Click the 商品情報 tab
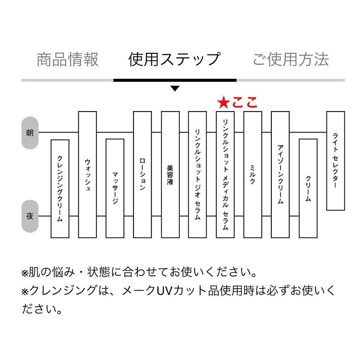(67, 59)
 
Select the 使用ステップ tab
(174, 59)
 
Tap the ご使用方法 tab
(291, 59)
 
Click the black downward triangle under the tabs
(175, 89)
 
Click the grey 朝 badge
(30, 133)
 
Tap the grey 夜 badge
(30, 217)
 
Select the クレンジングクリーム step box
(60, 188)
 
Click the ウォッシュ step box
(87, 174)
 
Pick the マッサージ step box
(115, 188)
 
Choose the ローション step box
(142, 174)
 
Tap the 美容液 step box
(170, 174)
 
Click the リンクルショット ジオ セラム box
(197, 174)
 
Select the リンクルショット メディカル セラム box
(225, 174)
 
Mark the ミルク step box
(252, 174)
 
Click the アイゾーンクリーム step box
(280, 174)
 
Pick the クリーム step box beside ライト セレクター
(308, 188)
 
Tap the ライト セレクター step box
(335, 161)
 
